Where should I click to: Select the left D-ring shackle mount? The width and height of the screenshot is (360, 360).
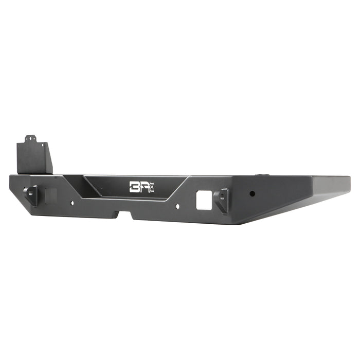pos(32,194)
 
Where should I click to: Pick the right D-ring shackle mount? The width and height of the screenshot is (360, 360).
pos(222,200)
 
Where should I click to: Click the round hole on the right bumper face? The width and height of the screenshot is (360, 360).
pos(252,194)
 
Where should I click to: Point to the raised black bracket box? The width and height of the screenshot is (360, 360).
pos(35,157)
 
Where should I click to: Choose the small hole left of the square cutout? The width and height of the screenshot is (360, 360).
pos(178,206)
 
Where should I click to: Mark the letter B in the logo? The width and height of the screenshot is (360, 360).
pos(135,186)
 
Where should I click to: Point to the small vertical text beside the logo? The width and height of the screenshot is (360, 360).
pos(152,189)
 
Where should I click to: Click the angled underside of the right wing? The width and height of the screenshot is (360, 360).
pos(298,206)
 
